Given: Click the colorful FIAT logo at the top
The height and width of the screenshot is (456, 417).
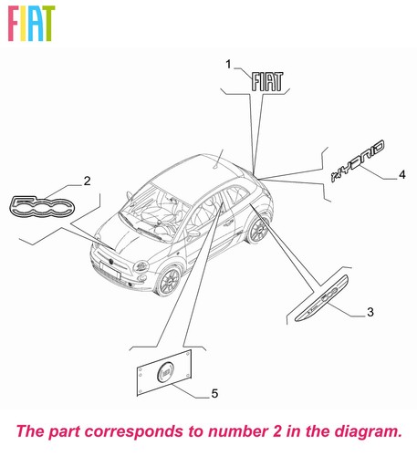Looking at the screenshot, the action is coord(31,23).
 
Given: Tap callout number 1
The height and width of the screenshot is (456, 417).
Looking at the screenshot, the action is coord(228,65).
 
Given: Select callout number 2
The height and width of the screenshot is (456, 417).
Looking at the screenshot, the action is coord(87,181).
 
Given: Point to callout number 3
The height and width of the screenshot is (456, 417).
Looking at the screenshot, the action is coord(370,312).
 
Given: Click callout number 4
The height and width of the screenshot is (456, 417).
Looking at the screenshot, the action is coord(402,175).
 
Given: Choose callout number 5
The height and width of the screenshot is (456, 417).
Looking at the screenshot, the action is coord(214,393).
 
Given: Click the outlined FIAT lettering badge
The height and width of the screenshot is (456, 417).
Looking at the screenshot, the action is coord(267,81).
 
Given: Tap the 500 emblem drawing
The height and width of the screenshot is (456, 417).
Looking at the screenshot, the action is coord(42,207).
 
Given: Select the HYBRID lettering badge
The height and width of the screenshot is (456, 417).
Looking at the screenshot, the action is coord(358,161).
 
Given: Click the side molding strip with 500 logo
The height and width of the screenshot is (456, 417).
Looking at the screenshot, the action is coord(321,298).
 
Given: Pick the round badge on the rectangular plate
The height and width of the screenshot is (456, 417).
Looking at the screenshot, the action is coord(166,372).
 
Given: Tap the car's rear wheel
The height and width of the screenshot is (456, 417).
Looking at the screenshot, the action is coord(258,230).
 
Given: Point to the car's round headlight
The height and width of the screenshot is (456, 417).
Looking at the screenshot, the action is coord(141,266).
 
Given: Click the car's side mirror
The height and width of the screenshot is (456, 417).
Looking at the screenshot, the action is coord(193,234).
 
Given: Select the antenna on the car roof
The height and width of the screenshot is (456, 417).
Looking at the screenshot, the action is coord(219,159).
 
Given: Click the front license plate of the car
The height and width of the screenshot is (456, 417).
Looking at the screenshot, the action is coord(110,271).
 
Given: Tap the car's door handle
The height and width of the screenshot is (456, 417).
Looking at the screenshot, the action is coord(227,224).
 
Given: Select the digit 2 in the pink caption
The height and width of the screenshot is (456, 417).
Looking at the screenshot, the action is coord(276,431).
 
